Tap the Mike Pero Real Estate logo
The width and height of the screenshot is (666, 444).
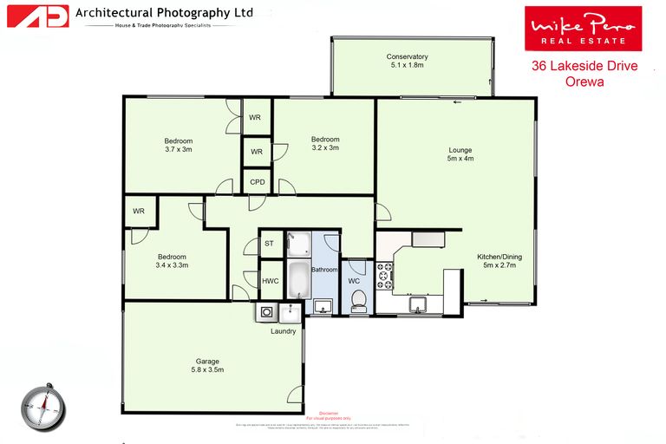point(583,29)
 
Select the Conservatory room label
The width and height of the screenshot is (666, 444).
point(408,57)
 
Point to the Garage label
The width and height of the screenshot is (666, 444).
point(207,362)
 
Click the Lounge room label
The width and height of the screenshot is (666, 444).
point(460,148)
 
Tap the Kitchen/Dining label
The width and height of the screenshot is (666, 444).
point(499,257)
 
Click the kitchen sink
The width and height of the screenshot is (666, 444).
point(417,304)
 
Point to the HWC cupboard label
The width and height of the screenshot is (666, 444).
point(270,281)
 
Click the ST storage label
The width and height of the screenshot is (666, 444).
point(269,244)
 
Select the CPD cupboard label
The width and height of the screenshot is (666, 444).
point(258,182)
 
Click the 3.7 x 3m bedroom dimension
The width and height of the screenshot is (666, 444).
point(179,150)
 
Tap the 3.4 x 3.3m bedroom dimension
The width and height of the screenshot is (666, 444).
point(173,265)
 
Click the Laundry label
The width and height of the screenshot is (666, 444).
point(284,331)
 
